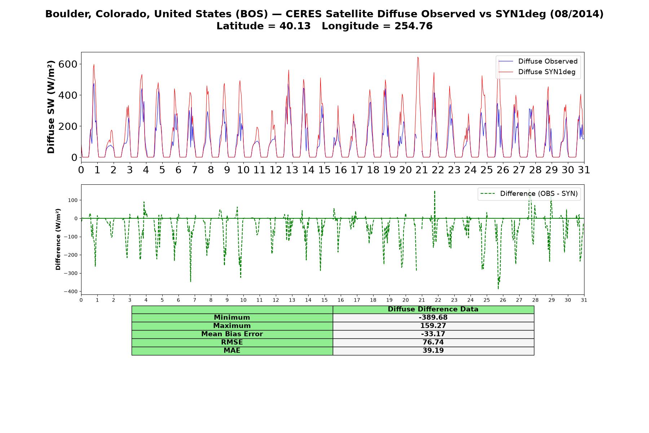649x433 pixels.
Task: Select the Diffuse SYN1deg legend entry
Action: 537,72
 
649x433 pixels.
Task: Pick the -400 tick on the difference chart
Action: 71,292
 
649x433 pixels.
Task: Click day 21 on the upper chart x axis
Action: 421,170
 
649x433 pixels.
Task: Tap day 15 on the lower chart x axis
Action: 324,300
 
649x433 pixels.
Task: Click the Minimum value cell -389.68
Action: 433,318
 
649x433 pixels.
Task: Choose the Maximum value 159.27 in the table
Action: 433,326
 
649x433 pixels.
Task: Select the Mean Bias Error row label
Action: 232,334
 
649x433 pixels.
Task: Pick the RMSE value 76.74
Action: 433,342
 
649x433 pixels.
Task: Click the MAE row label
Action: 232,351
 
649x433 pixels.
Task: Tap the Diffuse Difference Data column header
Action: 433,309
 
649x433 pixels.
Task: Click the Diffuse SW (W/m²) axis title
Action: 51,107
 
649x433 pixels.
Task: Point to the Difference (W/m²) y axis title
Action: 58,239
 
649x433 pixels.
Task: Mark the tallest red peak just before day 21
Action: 418,57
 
